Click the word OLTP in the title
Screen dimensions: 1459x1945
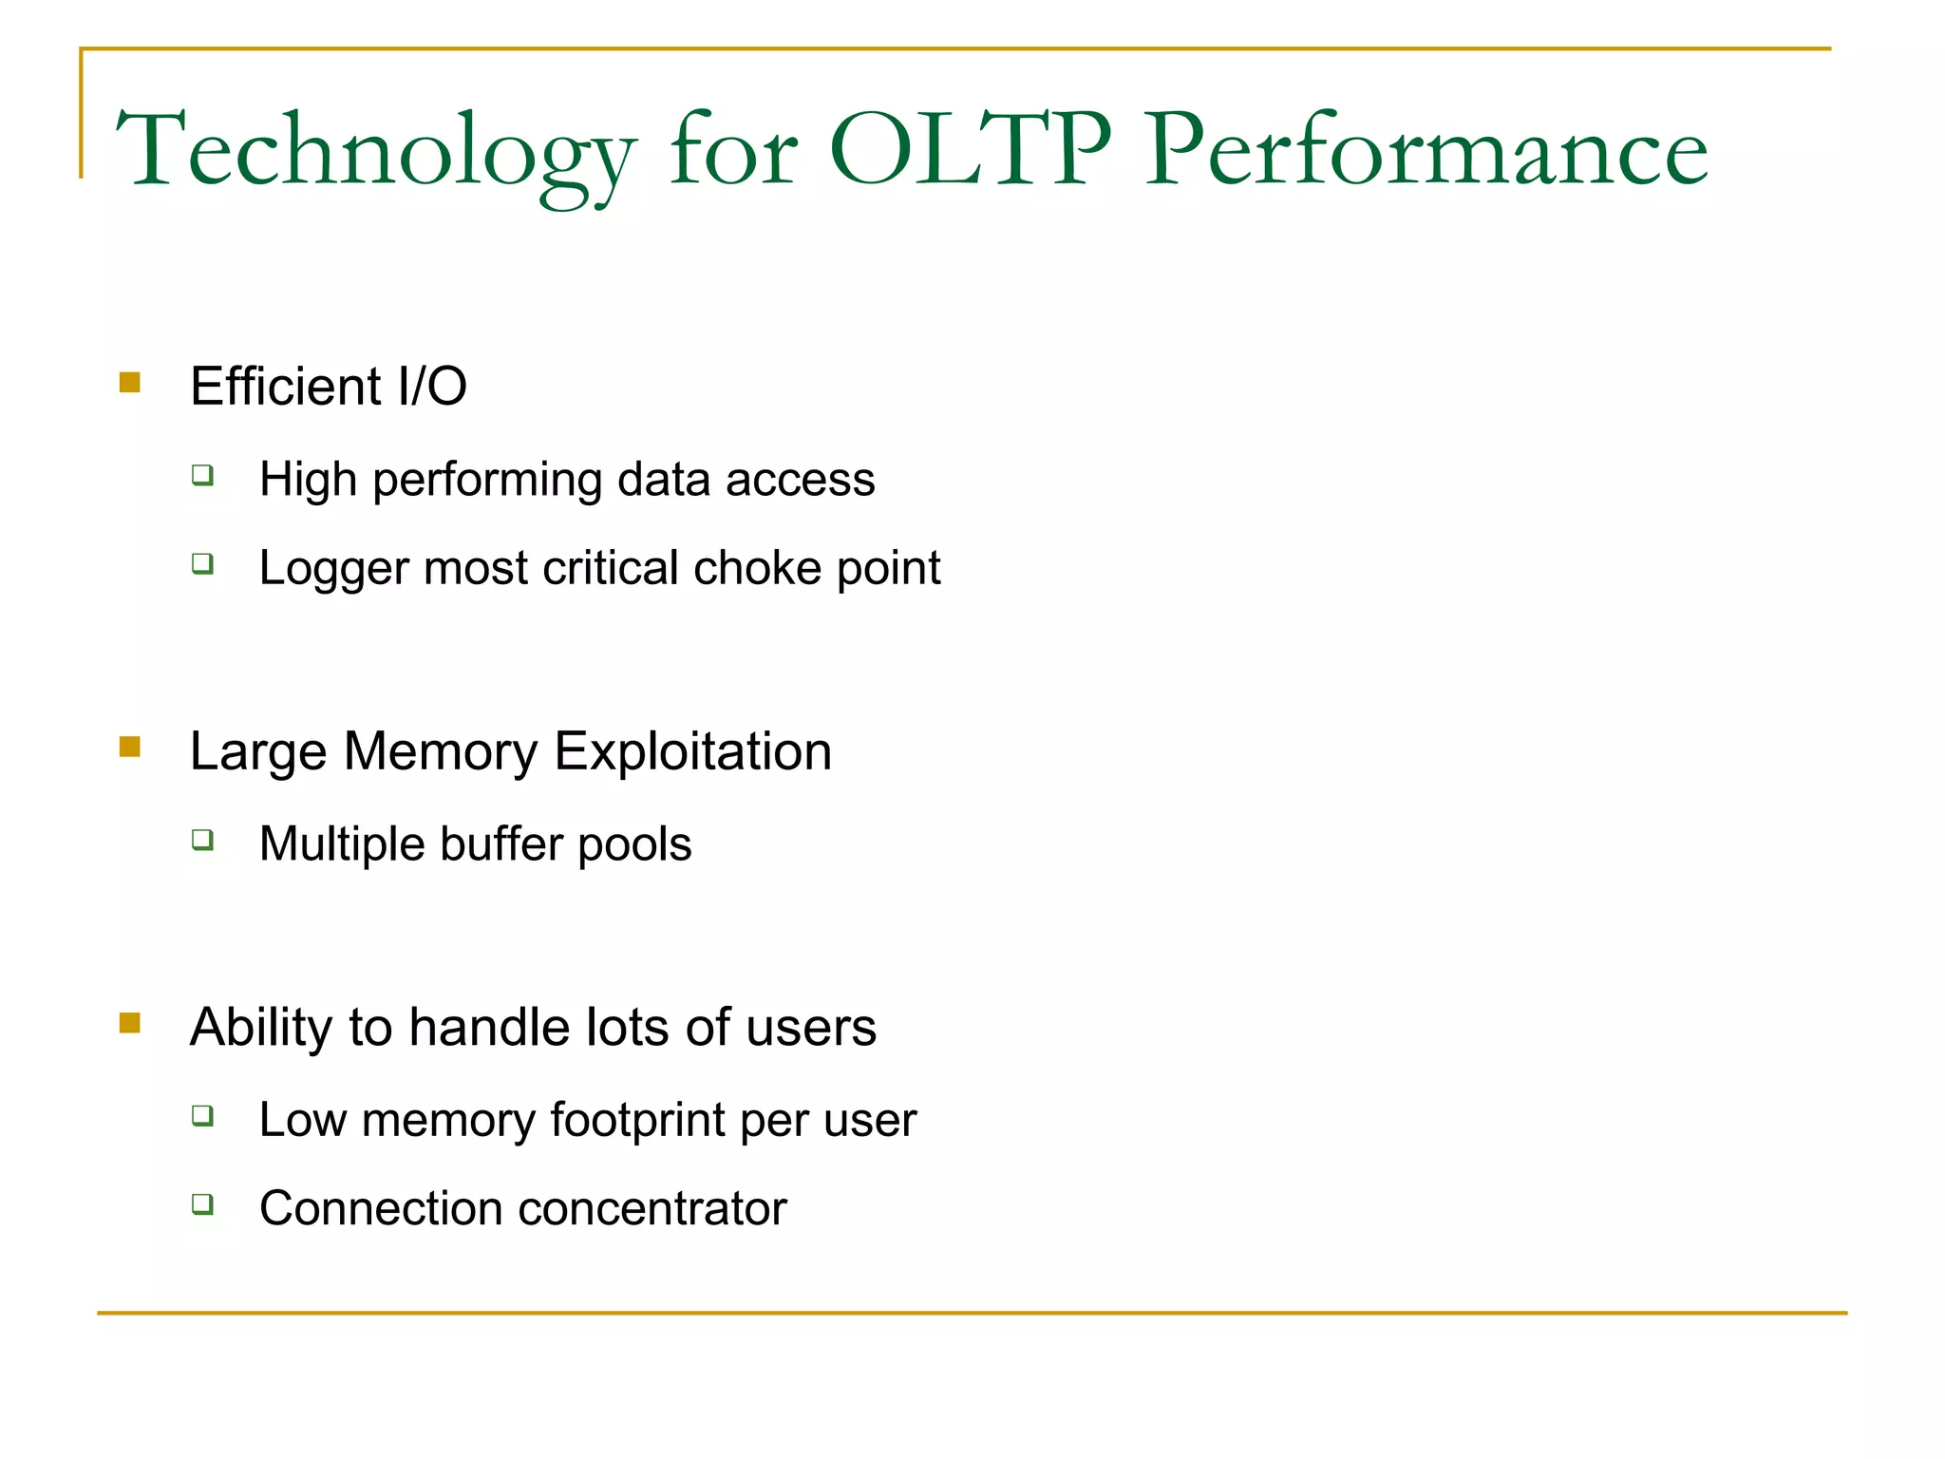[x=969, y=150]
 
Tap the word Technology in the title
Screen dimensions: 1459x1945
[x=375, y=152]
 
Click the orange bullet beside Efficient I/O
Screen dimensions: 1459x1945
[x=130, y=383]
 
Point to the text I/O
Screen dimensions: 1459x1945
[x=432, y=387]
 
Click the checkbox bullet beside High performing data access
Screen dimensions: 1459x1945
[x=202, y=474]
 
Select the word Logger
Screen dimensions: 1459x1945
[x=333, y=569]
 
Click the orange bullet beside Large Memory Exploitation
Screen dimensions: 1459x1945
[x=130, y=748]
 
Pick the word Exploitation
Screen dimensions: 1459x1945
[x=692, y=751]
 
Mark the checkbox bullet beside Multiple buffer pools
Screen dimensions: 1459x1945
[x=202, y=840]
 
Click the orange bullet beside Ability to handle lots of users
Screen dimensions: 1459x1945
[x=130, y=1023]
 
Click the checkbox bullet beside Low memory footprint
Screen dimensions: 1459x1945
[x=202, y=1115]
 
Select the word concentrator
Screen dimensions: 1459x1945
[x=652, y=1208]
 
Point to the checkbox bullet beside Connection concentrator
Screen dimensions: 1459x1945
[x=202, y=1204]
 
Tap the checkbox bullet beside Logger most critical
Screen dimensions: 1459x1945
[x=202, y=564]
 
